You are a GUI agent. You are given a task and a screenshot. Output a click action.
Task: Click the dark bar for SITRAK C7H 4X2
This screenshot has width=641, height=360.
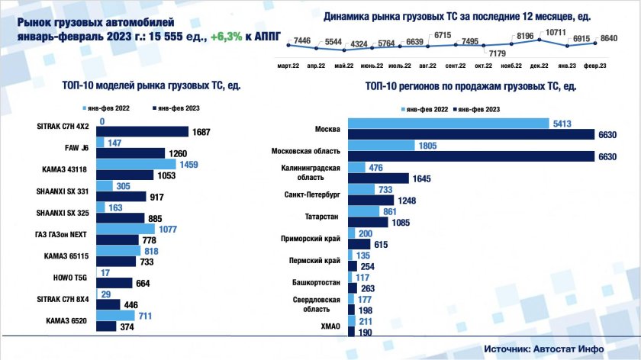click(x=143, y=131)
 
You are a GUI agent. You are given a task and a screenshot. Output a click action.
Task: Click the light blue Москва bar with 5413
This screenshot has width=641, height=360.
click(x=448, y=124)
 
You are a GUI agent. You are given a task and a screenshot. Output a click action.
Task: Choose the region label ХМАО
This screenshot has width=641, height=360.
click(x=329, y=326)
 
